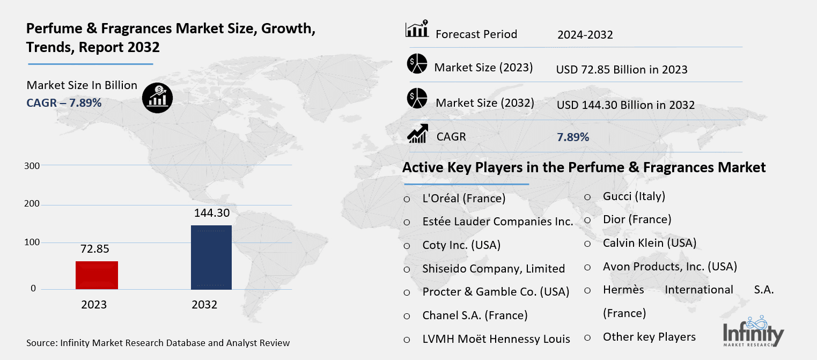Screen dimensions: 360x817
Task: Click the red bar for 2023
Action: (97, 275)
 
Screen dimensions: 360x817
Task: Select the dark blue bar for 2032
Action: (211, 258)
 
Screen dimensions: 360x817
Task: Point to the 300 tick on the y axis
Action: (32, 166)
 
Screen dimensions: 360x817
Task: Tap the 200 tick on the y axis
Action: (32, 204)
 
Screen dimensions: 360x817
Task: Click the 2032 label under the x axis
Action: (204, 305)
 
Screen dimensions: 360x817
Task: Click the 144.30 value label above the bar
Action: (212, 213)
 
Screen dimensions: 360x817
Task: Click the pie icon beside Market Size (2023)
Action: (417, 64)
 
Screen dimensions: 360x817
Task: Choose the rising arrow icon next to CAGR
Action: (417, 134)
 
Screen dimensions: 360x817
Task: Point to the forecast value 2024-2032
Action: (585, 35)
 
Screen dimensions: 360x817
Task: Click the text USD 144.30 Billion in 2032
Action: (625, 105)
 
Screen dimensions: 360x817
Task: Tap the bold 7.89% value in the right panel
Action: (573, 137)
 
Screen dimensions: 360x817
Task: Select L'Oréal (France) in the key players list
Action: (464, 199)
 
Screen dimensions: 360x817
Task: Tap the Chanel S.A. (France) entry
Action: (475, 315)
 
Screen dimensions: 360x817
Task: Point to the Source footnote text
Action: (158, 343)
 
